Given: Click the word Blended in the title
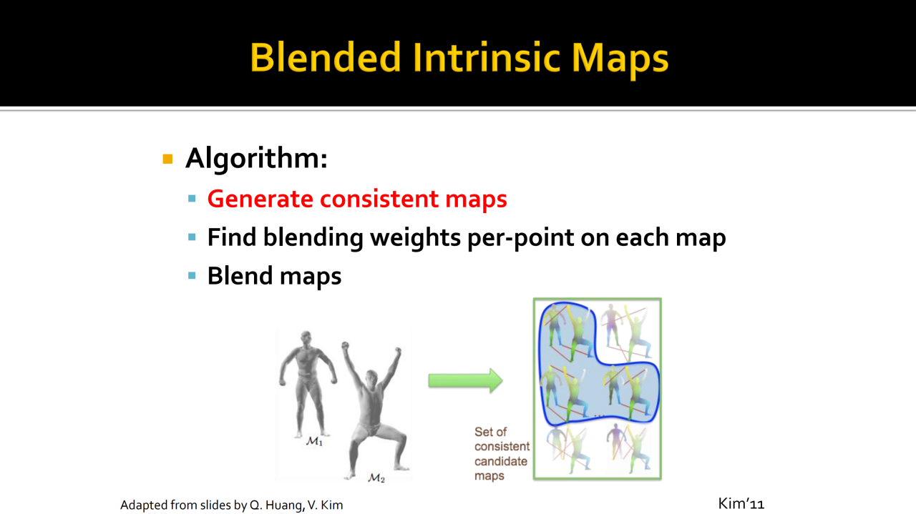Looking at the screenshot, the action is pos(326,57).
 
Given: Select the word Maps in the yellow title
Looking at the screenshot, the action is pos(620,59).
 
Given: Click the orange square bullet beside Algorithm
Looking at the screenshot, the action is pos(167,159).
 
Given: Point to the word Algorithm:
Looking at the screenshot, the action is pos(256,159).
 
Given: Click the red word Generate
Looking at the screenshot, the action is pos(260,199).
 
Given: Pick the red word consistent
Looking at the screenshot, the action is pos(379,199).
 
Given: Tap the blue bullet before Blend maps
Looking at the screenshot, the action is pos(192,275).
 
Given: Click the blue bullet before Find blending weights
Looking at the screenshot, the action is pos(192,237).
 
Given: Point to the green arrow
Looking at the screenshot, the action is pos(465,380).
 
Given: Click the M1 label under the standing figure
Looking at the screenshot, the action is pos(314,441).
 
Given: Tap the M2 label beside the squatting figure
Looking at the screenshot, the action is pos(376,478).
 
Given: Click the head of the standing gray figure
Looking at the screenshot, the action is pos(306,339).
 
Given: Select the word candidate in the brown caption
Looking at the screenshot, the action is pos(501,461).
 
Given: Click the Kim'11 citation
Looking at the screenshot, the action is pos(741,503).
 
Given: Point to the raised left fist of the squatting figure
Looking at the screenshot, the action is pos(346,347).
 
